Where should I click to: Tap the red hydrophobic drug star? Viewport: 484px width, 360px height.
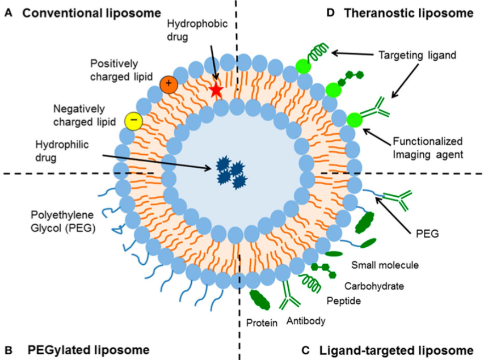click(x=216, y=90)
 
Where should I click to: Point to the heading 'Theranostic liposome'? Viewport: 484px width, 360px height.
click(x=409, y=12)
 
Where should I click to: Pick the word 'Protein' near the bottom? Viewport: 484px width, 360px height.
click(x=262, y=323)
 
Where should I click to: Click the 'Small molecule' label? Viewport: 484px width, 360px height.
click(x=385, y=264)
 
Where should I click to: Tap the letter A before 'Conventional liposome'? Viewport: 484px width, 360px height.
click(x=7, y=12)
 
